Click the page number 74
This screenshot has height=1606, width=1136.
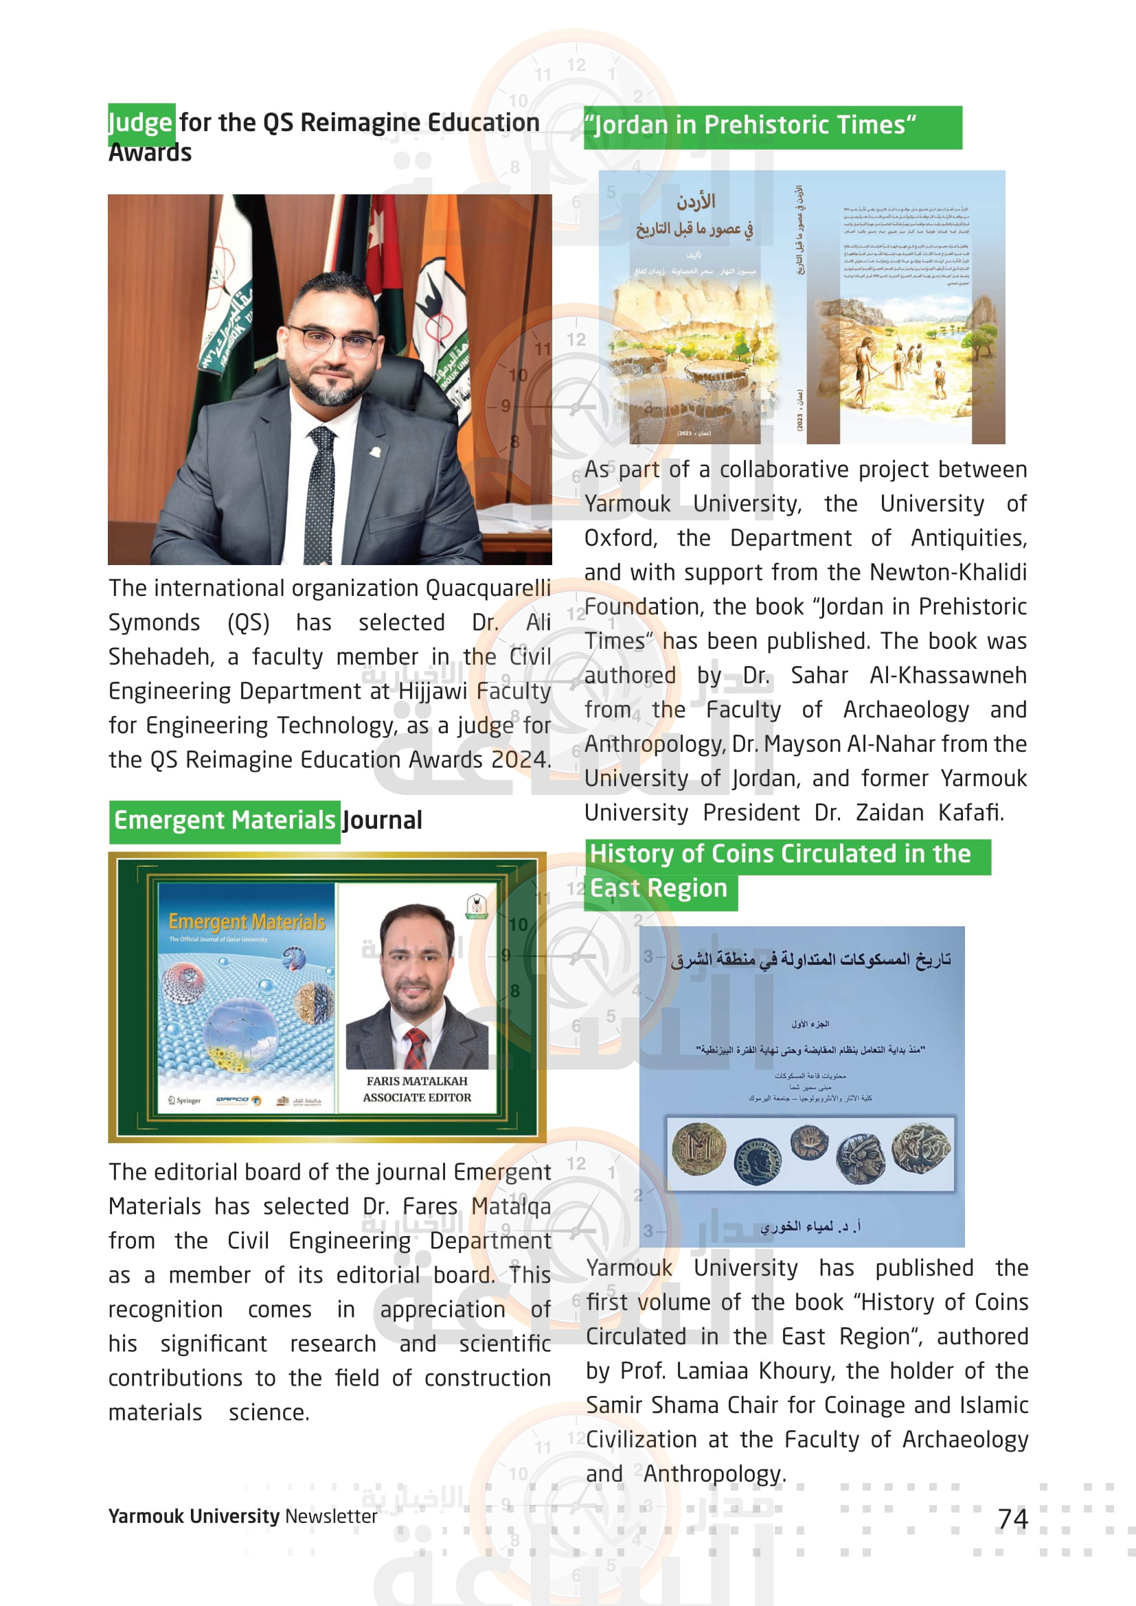click(x=1012, y=1519)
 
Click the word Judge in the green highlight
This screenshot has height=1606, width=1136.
click(x=141, y=122)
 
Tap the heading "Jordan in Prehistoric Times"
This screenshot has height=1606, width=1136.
click(x=751, y=125)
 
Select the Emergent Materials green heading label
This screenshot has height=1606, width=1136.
click(x=225, y=820)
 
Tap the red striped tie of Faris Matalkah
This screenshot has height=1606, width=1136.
click(x=416, y=1047)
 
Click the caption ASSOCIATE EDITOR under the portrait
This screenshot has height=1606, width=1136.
click(x=417, y=1097)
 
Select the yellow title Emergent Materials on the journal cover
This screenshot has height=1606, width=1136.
click(x=247, y=922)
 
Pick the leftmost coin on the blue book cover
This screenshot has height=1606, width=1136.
click(x=698, y=1149)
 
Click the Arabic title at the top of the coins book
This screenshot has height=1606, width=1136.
click(x=810, y=959)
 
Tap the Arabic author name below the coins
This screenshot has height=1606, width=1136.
click(x=810, y=1226)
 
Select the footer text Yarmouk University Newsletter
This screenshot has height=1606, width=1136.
click(x=242, y=1516)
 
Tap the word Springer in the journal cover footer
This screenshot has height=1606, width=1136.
click(x=189, y=1100)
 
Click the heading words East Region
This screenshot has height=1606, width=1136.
click(x=658, y=888)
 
